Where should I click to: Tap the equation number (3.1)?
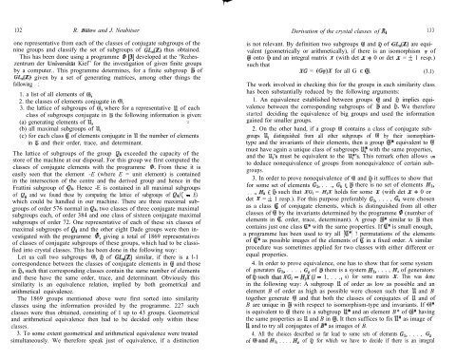460,71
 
